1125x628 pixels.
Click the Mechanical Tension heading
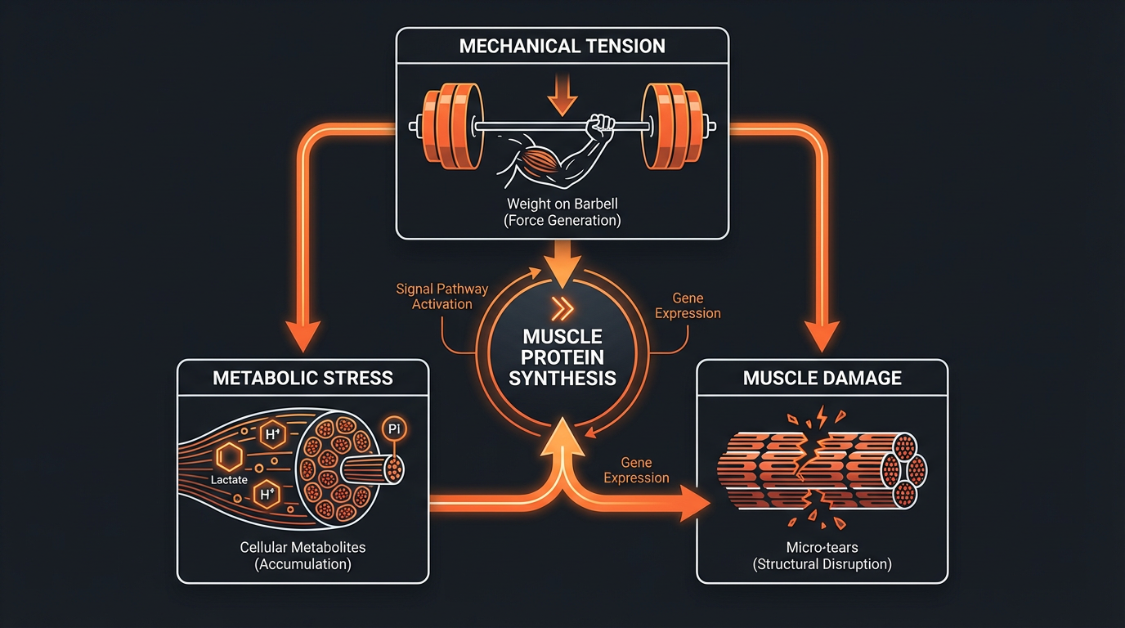(x=562, y=46)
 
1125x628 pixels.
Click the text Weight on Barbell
(x=562, y=204)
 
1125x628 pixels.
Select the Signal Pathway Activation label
(x=441, y=296)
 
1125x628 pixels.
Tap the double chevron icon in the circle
(x=562, y=308)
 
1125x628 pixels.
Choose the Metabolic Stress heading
(x=303, y=379)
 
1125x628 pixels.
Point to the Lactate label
(x=229, y=480)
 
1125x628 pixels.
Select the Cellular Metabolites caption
(x=303, y=547)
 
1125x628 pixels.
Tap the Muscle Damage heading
(x=822, y=378)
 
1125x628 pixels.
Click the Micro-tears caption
(x=822, y=547)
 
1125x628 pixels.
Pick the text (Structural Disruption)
(x=822, y=564)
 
